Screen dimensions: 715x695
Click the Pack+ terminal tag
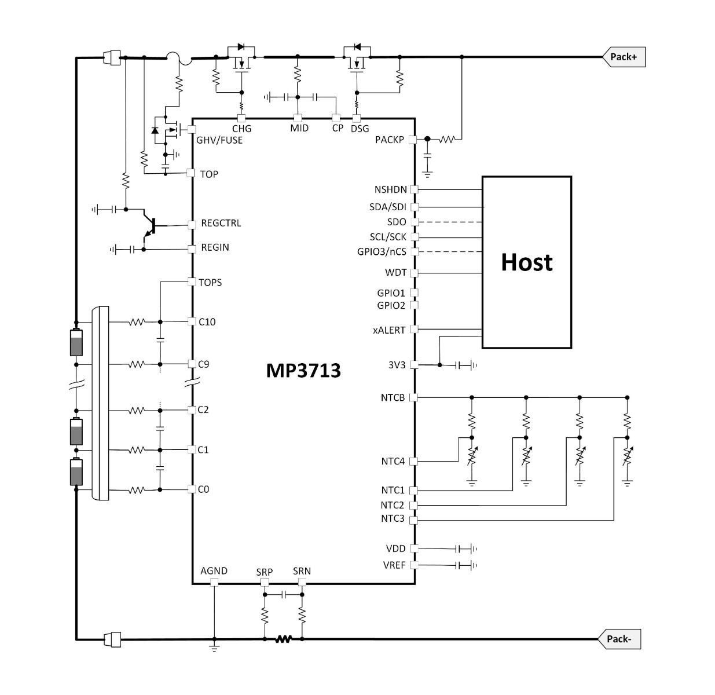[x=624, y=57]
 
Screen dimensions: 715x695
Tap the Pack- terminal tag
[x=619, y=639]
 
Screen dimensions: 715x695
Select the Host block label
[x=526, y=262]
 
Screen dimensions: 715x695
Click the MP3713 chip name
[x=303, y=371]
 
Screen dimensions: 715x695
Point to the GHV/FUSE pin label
[x=219, y=140]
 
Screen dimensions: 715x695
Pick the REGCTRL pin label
[x=221, y=223]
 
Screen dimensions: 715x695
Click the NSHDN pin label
[x=391, y=189]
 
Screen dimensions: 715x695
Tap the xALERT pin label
[x=390, y=330]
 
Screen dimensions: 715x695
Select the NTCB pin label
[x=393, y=398]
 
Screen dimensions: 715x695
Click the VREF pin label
[x=394, y=565]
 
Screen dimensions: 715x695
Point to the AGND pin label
[x=214, y=571]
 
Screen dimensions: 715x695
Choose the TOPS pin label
[x=210, y=282]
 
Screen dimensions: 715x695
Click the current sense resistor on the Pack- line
[x=284, y=639]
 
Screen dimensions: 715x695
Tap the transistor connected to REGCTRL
[x=151, y=226]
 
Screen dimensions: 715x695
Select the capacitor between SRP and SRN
[x=283, y=595]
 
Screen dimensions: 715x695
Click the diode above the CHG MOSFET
[x=241, y=47]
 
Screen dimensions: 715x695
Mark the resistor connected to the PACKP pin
[x=447, y=140]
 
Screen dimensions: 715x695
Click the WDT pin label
[x=396, y=272]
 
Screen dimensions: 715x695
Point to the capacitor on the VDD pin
[x=457, y=549]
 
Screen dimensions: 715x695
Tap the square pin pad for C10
[x=192, y=321]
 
